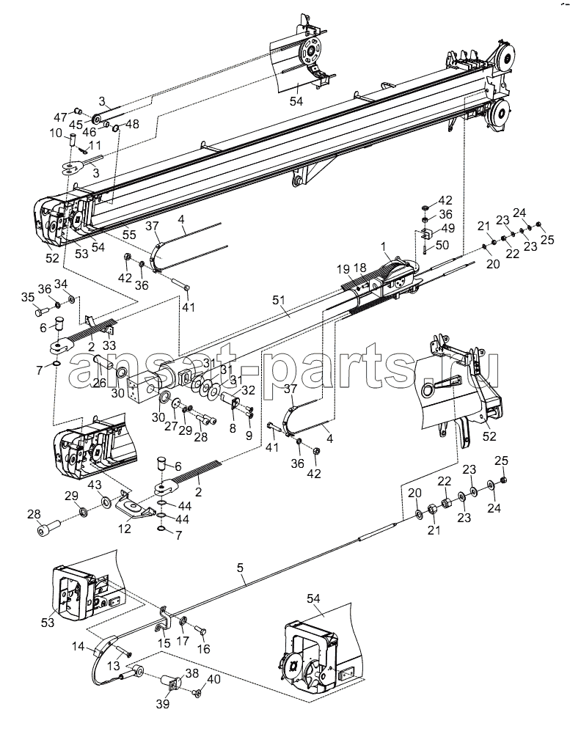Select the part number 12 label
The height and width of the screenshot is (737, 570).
(x=125, y=529)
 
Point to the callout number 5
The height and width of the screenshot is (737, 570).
(x=241, y=568)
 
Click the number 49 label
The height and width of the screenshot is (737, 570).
(x=447, y=228)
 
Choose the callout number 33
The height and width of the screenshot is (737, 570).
(x=109, y=345)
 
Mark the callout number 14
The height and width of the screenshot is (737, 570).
(x=78, y=647)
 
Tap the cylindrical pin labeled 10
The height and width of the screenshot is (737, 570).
(x=73, y=140)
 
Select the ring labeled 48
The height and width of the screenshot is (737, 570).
(x=116, y=127)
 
